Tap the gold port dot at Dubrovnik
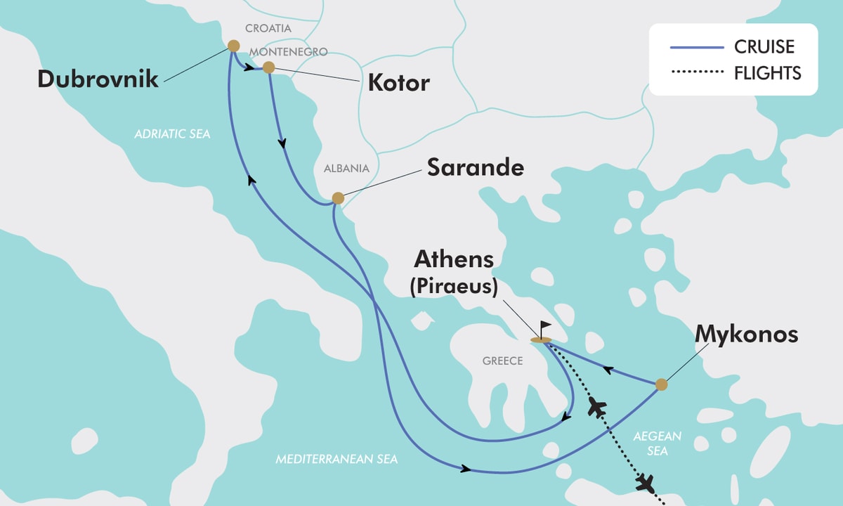[x=233, y=47]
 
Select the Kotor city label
[x=398, y=83]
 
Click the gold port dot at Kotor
[x=268, y=67]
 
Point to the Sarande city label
[x=476, y=168]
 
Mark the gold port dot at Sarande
[x=338, y=198]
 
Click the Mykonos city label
[x=746, y=335]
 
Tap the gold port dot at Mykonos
[x=660, y=384]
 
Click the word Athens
[x=454, y=259]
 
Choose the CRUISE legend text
[x=764, y=47]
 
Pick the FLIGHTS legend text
[x=768, y=72]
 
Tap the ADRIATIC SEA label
[x=172, y=134]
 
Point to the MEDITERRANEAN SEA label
[x=336, y=460]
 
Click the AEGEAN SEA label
[x=658, y=443]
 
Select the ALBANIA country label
[x=346, y=169]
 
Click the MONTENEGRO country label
[x=288, y=52]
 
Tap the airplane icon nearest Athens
[x=597, y=406]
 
